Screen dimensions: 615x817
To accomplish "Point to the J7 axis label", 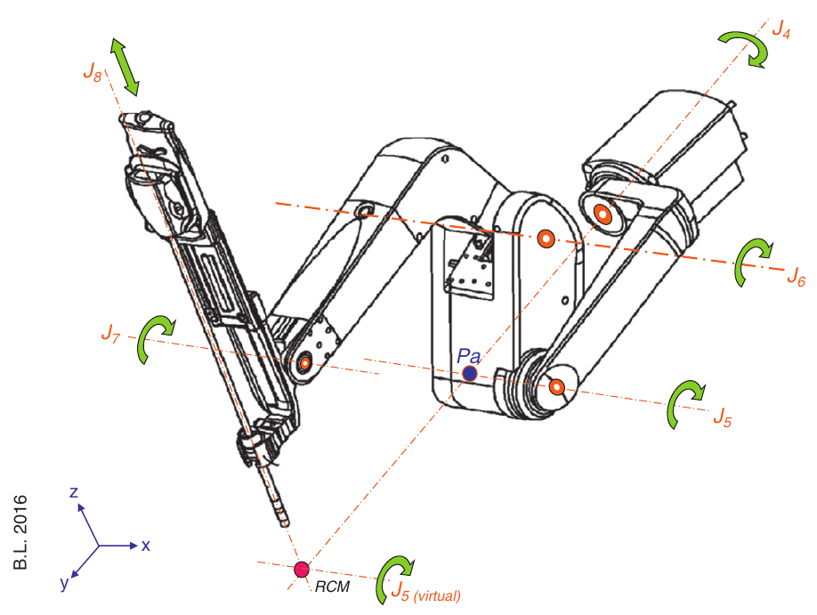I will (109, 336).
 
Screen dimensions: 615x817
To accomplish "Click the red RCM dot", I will (302, 569).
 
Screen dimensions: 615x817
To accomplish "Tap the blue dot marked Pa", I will (470, 374).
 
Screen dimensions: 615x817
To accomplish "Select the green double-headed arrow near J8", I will (125, 67).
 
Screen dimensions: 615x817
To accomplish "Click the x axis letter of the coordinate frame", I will (145, 545).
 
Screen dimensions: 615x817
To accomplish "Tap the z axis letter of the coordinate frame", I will (76, 492).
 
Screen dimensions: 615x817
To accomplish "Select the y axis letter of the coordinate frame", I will (64, 584).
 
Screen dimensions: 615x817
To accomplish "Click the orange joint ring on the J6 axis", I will (546, 239).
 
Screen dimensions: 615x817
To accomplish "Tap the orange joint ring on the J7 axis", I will (304, 362).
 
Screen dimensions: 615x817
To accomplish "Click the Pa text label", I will (469, 356).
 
